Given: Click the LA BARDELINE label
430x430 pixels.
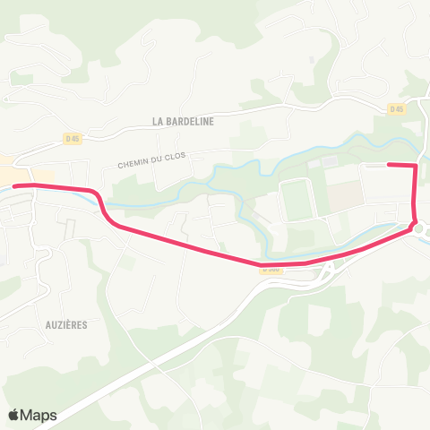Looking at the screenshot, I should click(183, 121).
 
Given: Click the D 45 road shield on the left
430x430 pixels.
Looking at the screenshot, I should click(72, 138).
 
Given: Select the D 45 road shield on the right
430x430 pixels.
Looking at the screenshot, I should click(397, 109).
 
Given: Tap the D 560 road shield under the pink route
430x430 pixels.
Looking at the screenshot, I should click(270, 268).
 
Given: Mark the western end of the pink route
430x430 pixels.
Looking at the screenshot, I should click(13, 185).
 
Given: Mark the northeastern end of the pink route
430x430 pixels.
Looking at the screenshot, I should click(388, 165).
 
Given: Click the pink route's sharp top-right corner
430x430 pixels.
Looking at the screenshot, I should click(416, 166).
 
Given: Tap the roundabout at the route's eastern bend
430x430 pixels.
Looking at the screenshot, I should click(416, 227).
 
